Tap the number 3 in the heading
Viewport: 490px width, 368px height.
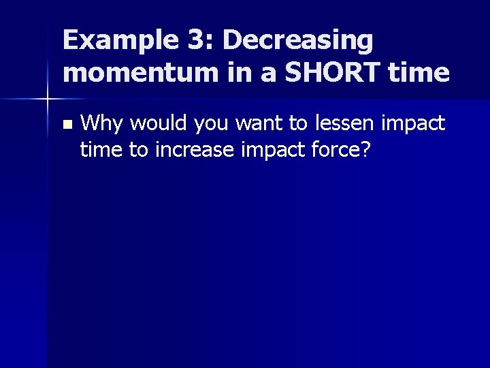click(x=197, y=41)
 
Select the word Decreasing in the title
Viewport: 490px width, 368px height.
click(x=298, y=41)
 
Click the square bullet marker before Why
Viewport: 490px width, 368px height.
click(x=65, y=125)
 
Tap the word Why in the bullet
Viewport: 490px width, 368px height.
click(x=102, y=124)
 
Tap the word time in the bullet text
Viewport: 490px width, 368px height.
click(x=99, y=149)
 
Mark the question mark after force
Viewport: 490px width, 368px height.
click(x=365, y=149)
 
